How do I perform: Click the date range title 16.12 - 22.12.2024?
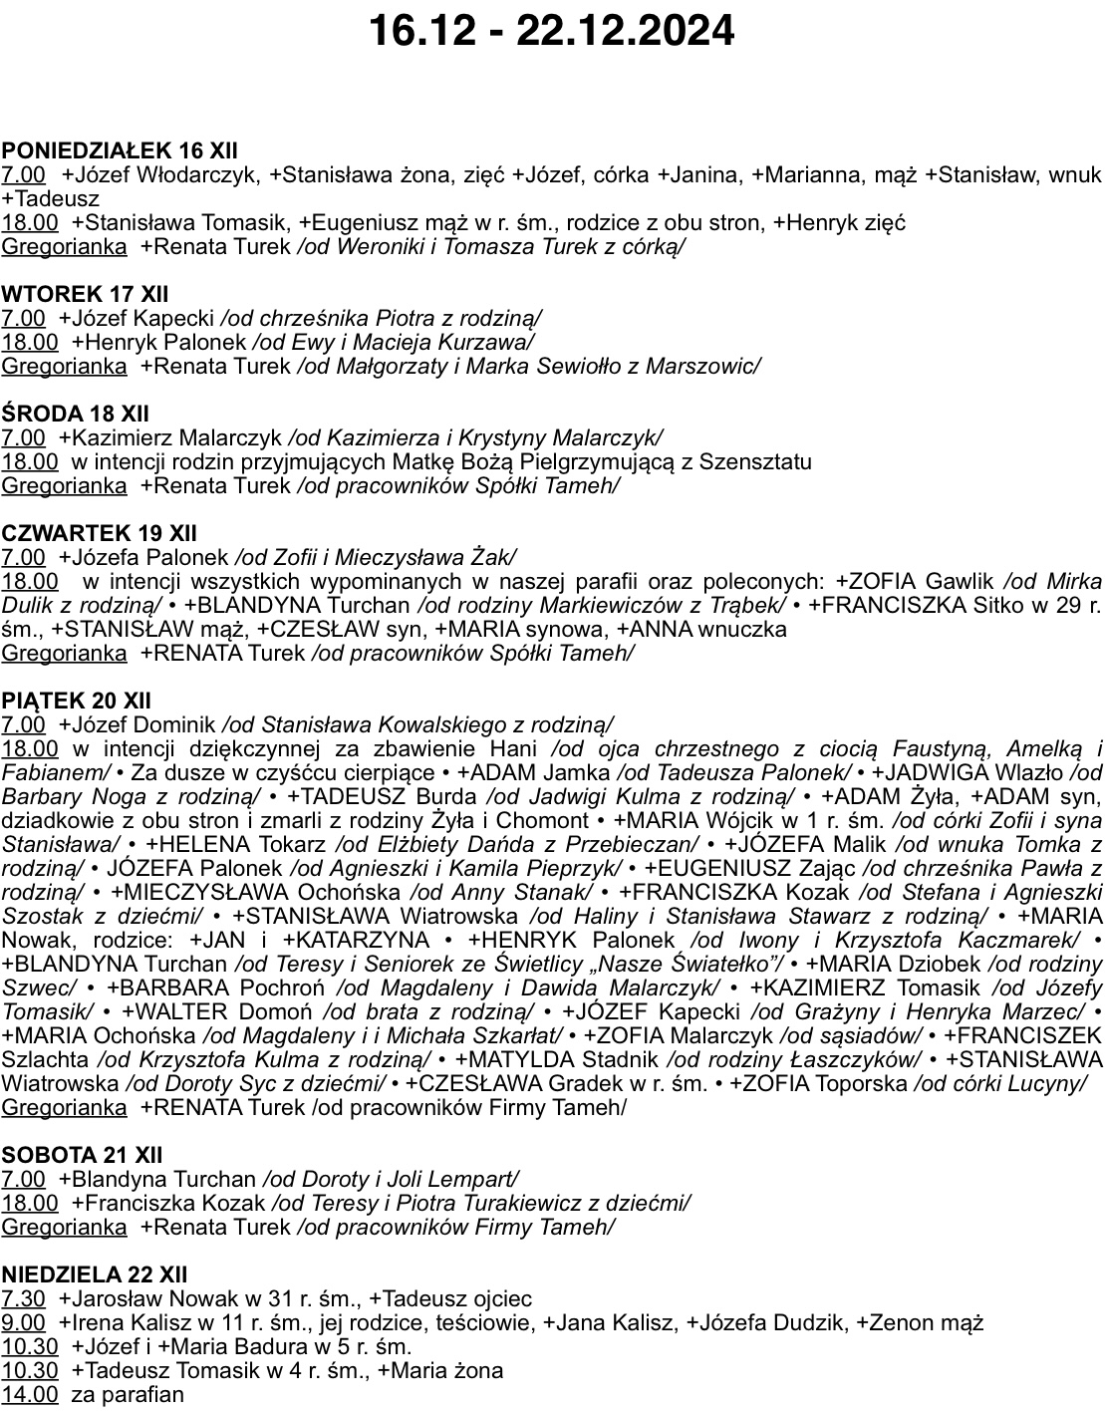pos(551,30)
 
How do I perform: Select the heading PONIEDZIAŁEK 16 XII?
pos(120,150)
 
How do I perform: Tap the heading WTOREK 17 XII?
pos(85,294)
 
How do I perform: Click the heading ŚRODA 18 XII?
pos(75,414)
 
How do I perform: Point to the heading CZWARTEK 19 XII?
pos(99,533)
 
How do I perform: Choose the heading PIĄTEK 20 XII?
pos(77,701)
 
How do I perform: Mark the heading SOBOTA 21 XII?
pos(82,1155)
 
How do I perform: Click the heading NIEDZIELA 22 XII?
pos(95,1274)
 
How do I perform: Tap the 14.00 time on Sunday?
pos(30,1395)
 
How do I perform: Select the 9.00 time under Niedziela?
pos(24,1323)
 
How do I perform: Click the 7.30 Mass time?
pos(24,1299)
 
